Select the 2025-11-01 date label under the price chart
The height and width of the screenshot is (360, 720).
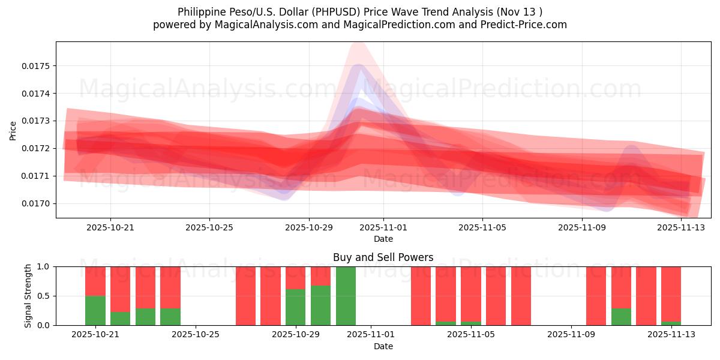(383, 227)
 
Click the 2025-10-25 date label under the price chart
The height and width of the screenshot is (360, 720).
(209, 227)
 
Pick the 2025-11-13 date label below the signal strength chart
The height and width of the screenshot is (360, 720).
(671, 334)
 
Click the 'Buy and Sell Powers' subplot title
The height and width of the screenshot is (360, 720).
(383, 257)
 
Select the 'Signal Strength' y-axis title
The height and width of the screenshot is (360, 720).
(28, 296)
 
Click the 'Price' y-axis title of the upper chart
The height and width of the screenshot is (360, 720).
(13, 130)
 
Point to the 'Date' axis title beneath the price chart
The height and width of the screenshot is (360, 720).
(383, 239)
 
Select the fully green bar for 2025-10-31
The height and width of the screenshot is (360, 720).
(346, 296)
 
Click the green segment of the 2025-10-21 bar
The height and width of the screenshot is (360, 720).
(95, 310)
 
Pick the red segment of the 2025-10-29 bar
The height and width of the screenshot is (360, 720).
(296, 278)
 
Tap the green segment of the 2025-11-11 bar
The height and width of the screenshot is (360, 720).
(621, 317)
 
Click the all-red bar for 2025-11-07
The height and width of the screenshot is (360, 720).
(521, 296)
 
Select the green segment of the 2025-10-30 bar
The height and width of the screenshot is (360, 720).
(320, 305)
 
